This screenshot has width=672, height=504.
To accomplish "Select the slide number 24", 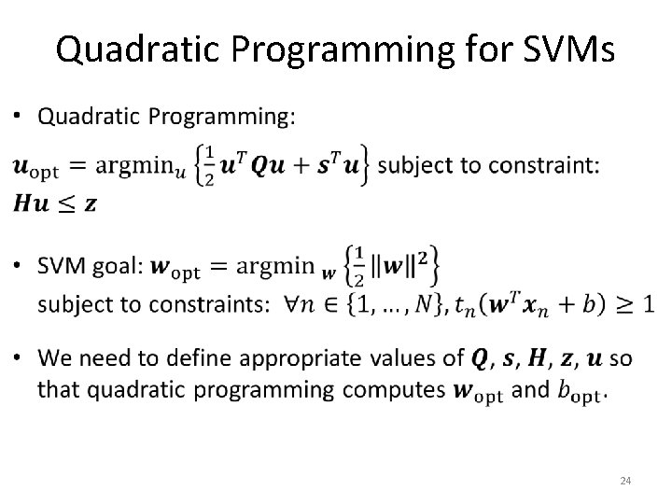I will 626,481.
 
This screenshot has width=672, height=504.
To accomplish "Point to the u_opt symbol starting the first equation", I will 35,168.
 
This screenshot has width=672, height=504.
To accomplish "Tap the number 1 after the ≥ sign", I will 648,304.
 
